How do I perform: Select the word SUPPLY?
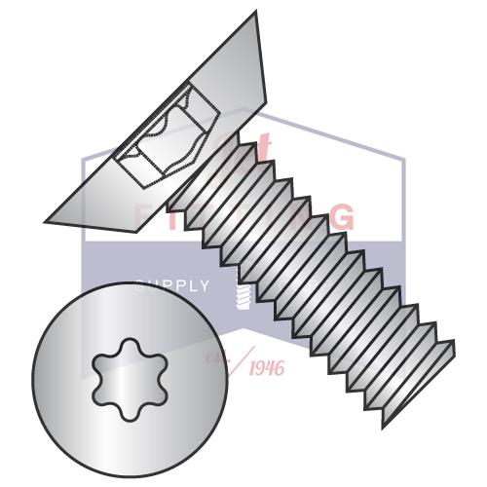171,285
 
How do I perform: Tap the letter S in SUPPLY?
139,285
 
